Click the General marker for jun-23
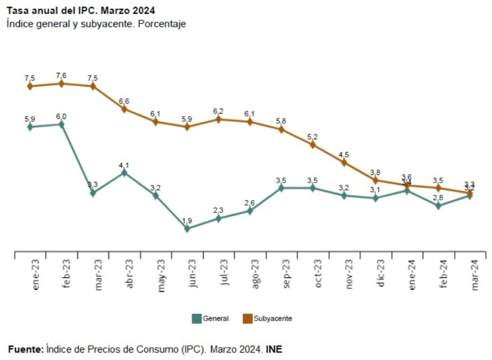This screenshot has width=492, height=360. [x=187, y=228]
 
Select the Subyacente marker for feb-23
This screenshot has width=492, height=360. [x=62, y=83]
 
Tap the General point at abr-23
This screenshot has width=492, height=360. [x=124, y=172]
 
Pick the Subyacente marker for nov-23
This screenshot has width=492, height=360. [x=344, y=162]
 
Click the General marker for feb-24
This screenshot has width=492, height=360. [x=438, y=205]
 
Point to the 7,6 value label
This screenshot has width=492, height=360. [x=61, y=75]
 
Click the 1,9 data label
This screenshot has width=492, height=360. [x=187, y=220]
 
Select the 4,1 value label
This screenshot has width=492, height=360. [x=124, y=164]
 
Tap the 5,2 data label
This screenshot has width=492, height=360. [x=313, y=136]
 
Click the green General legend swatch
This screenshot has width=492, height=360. [x=197, y=318]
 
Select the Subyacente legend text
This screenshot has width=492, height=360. [x=273, y=318]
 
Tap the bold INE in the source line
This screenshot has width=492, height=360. [x=274, y=348]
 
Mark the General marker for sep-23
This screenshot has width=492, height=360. [x=281, y=188]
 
